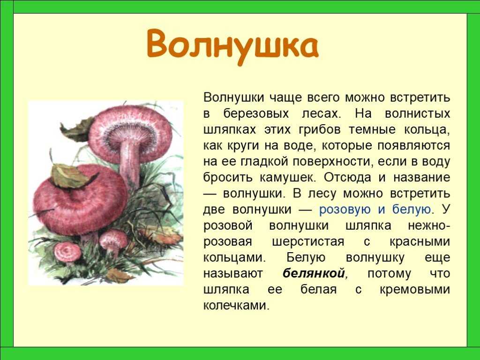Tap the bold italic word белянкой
click(314, 273)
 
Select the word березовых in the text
click(256, 113)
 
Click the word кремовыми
click(415, 289)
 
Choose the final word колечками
click(236, 306)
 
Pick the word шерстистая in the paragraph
click(308, 241)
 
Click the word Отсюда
click(348, 178)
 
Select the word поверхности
click(333, 162)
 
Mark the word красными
click(420, 241)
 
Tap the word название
click(422, 178)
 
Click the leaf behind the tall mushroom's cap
click(76, 130)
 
